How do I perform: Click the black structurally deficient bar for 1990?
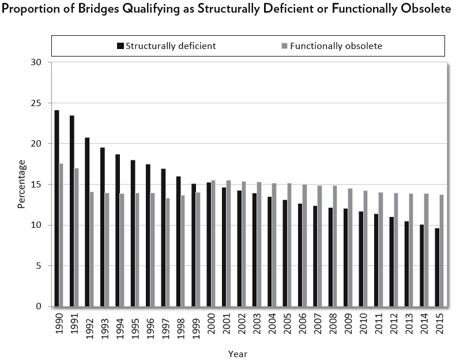point(56,208)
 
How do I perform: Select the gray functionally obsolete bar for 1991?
point(77,237)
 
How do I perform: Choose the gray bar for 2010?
point(365,248)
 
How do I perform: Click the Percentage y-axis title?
point(21,185)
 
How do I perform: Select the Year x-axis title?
point(237,354)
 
